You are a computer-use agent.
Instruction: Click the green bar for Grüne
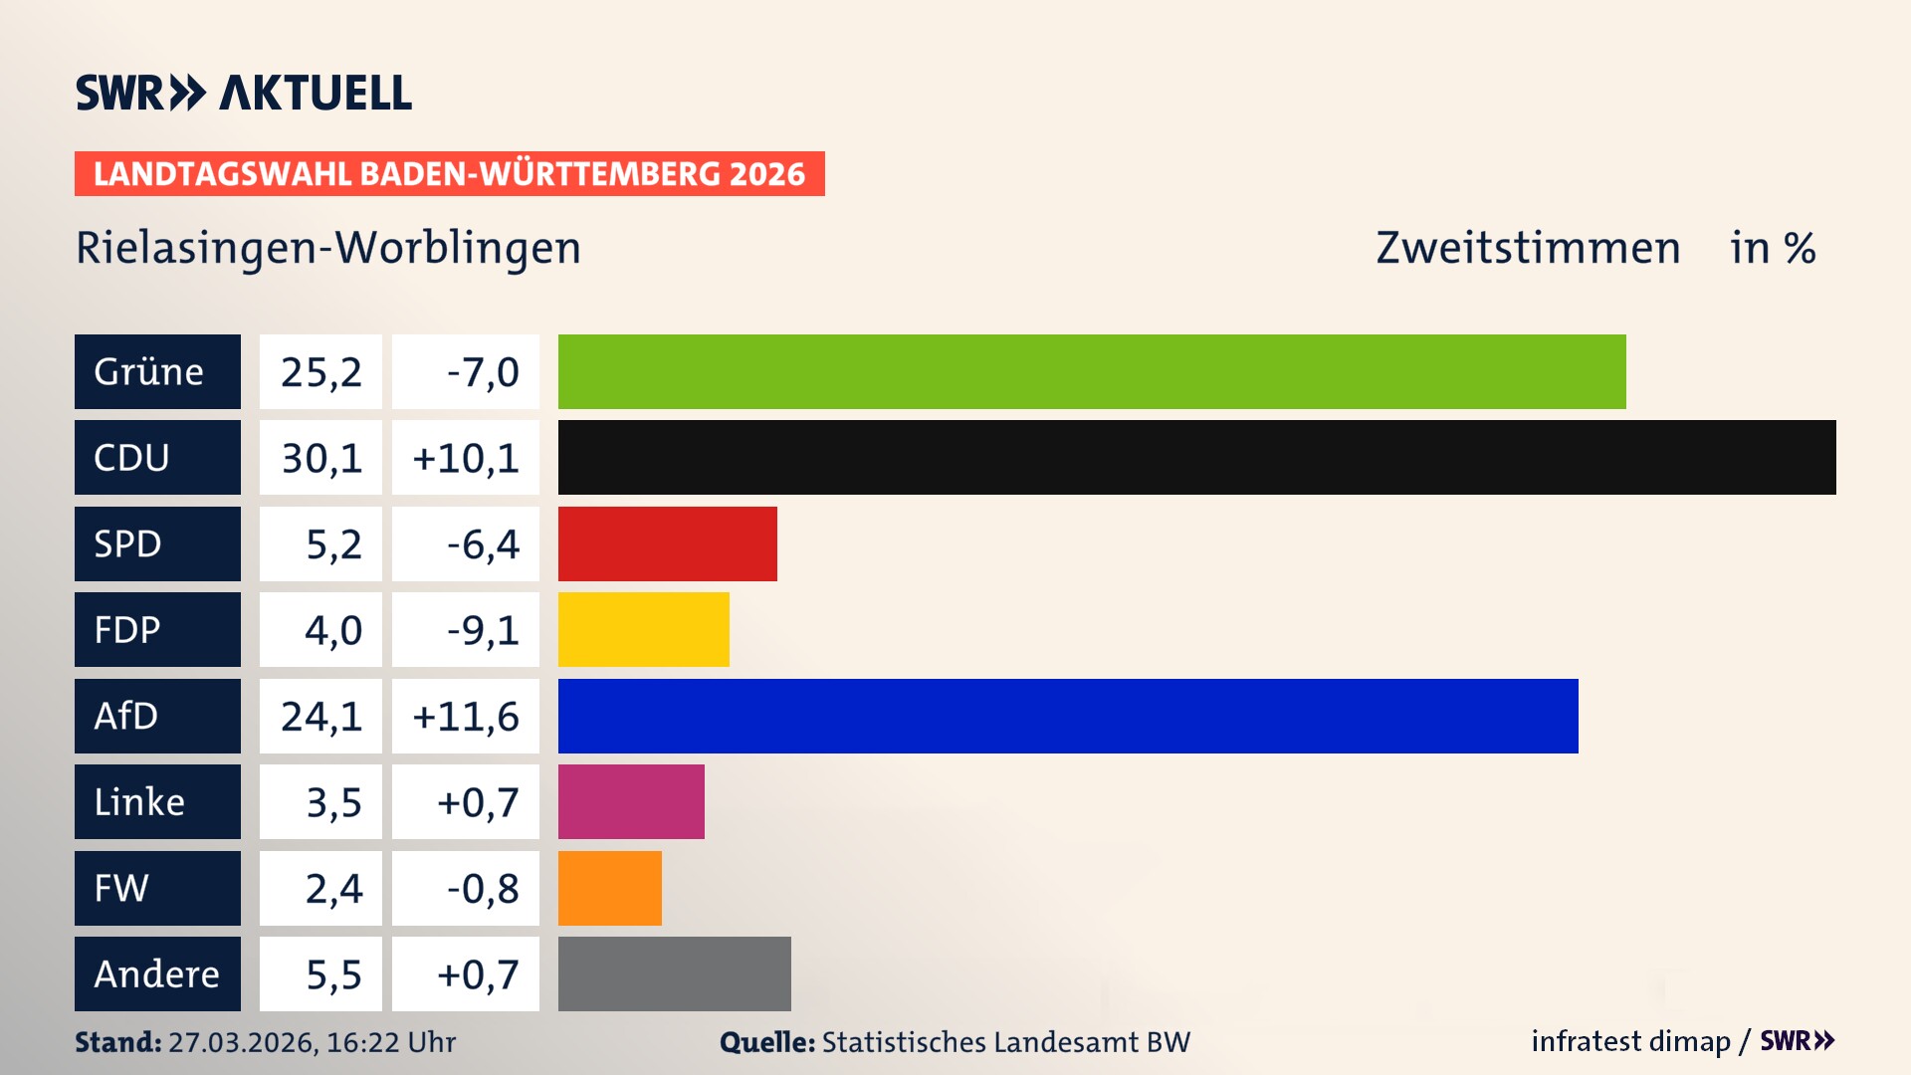tap(1092, 371)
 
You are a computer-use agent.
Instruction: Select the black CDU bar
tap(1196, 457)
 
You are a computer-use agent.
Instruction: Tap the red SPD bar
tap(667, 543)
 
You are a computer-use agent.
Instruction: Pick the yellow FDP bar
tap(643, 629)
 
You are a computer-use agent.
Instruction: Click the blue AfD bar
tap(1068, 716)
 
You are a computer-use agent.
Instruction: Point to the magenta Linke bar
tap(631, 801)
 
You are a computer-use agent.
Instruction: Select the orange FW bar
tap(609, 888)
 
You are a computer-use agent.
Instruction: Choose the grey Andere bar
tap(674, 973)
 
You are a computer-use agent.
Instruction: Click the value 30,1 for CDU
tap(320, 458)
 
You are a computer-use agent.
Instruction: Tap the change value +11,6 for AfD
tap(466, 717)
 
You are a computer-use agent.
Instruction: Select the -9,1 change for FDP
tap(483, 630)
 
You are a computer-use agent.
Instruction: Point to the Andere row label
tap(157, 973)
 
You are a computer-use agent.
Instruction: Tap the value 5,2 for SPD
tap(332, 544)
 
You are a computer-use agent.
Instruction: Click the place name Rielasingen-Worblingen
tap(328, 248)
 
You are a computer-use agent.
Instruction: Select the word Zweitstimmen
tap(1528, 248)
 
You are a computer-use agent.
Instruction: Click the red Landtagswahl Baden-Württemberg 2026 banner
tap(449, 173)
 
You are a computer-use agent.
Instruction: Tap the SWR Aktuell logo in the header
tap(244, 93)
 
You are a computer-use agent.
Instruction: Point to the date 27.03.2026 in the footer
tap(242, 1042)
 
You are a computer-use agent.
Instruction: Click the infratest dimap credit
tap(1630, 1041)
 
